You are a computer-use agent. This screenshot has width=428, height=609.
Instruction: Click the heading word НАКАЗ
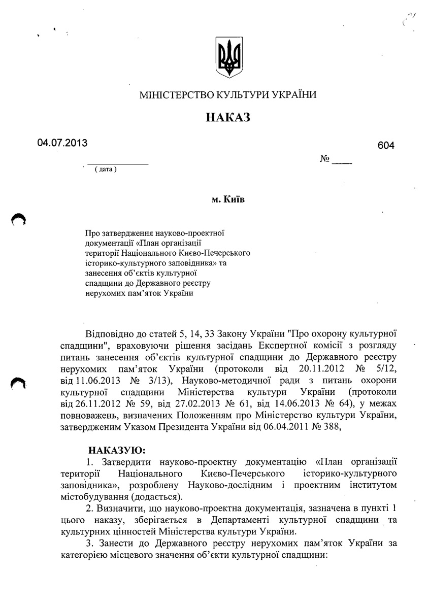pyautogui.click(x=228, y=118)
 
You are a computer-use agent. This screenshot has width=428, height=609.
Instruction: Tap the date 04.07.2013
pyautogui.click(x=62, y=143)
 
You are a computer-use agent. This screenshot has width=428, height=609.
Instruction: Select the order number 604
pyautogui.click(x=386, y=146)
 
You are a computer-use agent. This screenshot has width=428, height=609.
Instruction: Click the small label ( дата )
pyautogui.click(x=106, y=169)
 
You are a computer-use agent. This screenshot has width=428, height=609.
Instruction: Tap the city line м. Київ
pyautogui.click(x=228, y=200)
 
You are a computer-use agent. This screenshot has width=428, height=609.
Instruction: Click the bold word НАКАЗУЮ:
pyautogui.click(x=117, y=450)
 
